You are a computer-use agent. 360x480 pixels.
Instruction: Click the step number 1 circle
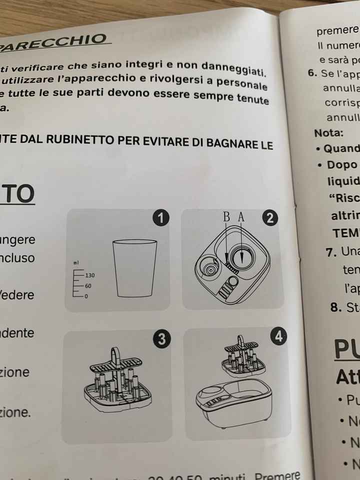coord(160,218)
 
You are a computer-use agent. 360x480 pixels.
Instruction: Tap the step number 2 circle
coord(270,218)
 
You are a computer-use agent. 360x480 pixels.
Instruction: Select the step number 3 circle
coord(160,339)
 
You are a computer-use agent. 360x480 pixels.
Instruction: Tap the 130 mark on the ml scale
coord(90,275)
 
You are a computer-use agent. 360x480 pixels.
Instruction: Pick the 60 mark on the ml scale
coord(88,285)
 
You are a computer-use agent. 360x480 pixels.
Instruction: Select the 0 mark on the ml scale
coord(86,296)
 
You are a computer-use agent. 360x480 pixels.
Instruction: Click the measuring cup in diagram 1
coord(134,268)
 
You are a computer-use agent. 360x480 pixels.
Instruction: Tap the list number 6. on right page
coord(313,73)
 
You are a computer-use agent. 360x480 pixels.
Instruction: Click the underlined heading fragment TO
coord(18,194)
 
